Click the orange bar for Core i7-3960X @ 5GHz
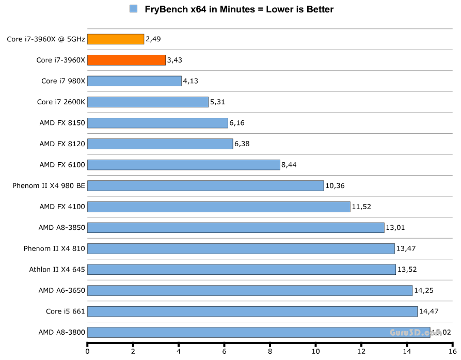(x=116, y=39)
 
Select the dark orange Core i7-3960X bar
(x=126, y=60)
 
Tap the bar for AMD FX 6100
(x=183, y=165)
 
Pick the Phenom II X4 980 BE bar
(x=205, y=185)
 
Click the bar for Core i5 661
(x=252, y=311)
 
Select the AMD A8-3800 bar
(x=258, y=332)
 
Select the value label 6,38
(x=242, y=144)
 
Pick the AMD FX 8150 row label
(x=62, y=123)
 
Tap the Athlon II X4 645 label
(x=57, y=269)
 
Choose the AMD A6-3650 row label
(x=61, y=290)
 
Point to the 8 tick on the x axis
(x=270, y=352)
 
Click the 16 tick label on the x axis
(x=452, y=352)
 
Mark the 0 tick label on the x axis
(x=88, y=352)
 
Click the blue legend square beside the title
(x=134, y=9)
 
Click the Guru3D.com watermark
(x=416, y=333)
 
